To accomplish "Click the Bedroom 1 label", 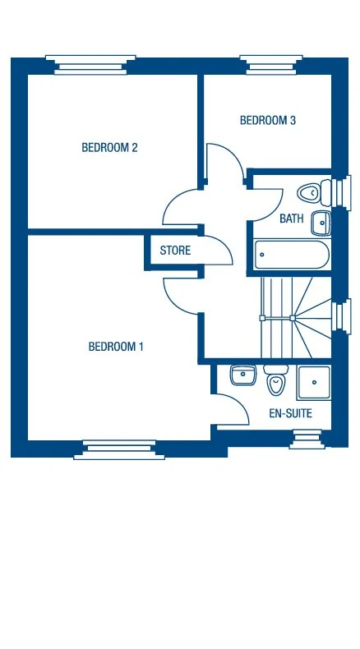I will (x=116, y=347).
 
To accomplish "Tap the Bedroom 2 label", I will (x=109, y=148).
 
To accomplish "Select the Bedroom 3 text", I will (x=267, y=121).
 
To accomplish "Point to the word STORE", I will (x=175, y=251).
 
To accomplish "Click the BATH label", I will (x=291, y=219).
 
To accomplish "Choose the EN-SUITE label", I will (x=290, y=413).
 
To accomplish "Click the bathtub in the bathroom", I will (x=291, y=254).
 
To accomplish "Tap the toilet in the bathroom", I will (x=311, y=193).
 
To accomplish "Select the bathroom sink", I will (x=322, y=221).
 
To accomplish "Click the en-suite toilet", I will (x=276, y=380).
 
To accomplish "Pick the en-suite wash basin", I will (x=243, y=375).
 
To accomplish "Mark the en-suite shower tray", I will (x=314, y=382).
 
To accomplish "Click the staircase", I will (x=294, y=316).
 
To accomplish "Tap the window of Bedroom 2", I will (x=90, y=62).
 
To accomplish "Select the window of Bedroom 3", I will (x=267, y=62).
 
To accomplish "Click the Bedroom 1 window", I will (x=119, y=448).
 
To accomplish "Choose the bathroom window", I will (x=339, y=191).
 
